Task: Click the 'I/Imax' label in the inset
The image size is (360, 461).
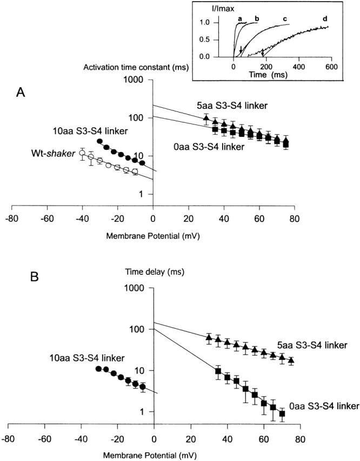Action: (x=211, y=9)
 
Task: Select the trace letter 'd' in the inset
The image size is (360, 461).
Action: (x=325, y=19)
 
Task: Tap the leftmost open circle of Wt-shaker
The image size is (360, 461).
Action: (x=82, y=153)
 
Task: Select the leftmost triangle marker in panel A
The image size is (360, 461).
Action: (x=206, y=118)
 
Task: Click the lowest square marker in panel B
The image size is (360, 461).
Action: (x=282, y=414)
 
